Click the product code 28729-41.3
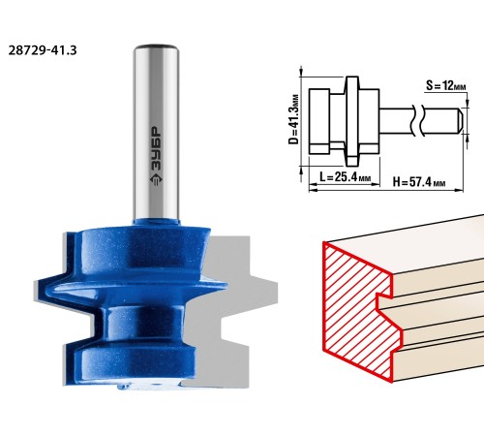[43, 50]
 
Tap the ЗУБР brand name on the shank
[156, 148]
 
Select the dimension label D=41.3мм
[294, 119]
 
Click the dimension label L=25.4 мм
[345, 177]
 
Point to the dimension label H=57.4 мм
[419, 182]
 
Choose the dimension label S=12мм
[446, 85]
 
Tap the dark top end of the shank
[156, 47]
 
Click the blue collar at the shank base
[156, 222]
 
